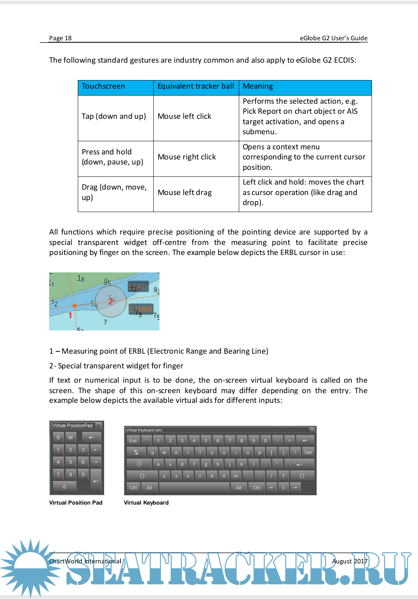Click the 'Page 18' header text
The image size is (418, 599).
coord(60,38)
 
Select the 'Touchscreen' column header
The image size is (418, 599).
coord(103,86)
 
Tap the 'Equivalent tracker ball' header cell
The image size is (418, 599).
coord(196,86)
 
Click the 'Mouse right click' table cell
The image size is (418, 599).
coord(187,157)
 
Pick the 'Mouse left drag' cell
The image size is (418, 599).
coord(185,193)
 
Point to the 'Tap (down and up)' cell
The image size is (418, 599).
coord(114,116)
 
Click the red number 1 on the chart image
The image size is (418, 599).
coord(70,315)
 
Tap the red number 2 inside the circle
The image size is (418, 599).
coord(111,301)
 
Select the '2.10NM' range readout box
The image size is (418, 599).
coord(141,309)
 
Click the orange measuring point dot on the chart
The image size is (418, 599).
coord(74,306)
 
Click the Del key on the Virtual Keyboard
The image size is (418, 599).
coord(308,452)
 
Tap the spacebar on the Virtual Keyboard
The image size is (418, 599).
coord(194,488)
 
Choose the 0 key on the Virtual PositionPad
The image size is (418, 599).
coord(64,487)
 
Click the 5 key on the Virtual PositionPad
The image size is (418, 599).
coord(70,462)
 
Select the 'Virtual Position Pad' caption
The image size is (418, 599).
coord(76,503)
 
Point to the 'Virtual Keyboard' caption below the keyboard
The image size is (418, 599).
coord(146,503)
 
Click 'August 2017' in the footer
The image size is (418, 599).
coord(349,561)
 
